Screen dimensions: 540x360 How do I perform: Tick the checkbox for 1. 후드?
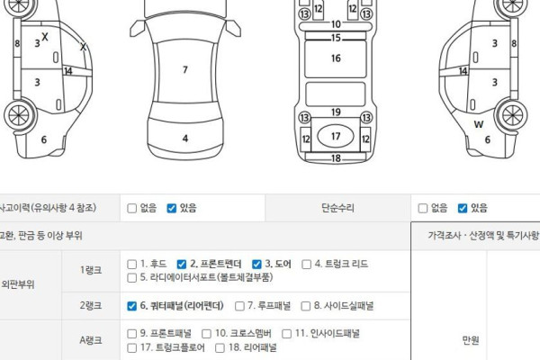132,265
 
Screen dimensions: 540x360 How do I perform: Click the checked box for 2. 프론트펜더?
182,265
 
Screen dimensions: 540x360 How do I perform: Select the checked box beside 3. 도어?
256,265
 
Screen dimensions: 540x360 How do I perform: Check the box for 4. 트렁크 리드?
306,265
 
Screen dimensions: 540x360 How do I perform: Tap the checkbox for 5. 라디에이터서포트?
132,278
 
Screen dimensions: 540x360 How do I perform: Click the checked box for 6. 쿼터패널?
132,306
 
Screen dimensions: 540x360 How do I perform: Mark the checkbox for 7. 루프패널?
239,306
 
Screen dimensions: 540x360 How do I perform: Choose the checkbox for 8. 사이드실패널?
305,306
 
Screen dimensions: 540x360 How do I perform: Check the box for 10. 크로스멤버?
206,334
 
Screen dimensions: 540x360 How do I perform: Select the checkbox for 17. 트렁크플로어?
132,348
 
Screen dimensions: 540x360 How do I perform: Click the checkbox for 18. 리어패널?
220,348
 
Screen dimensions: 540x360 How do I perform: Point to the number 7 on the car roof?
185,69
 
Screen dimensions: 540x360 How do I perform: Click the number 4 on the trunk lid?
185,139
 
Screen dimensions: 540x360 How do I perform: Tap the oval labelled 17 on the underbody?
336,136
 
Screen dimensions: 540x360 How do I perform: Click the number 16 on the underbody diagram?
336,58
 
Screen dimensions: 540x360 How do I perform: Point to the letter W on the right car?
479,124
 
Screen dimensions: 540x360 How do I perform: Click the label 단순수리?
337,208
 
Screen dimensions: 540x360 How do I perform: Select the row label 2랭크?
91,306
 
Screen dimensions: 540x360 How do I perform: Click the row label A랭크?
91,340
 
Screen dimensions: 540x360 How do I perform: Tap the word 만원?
471,340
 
